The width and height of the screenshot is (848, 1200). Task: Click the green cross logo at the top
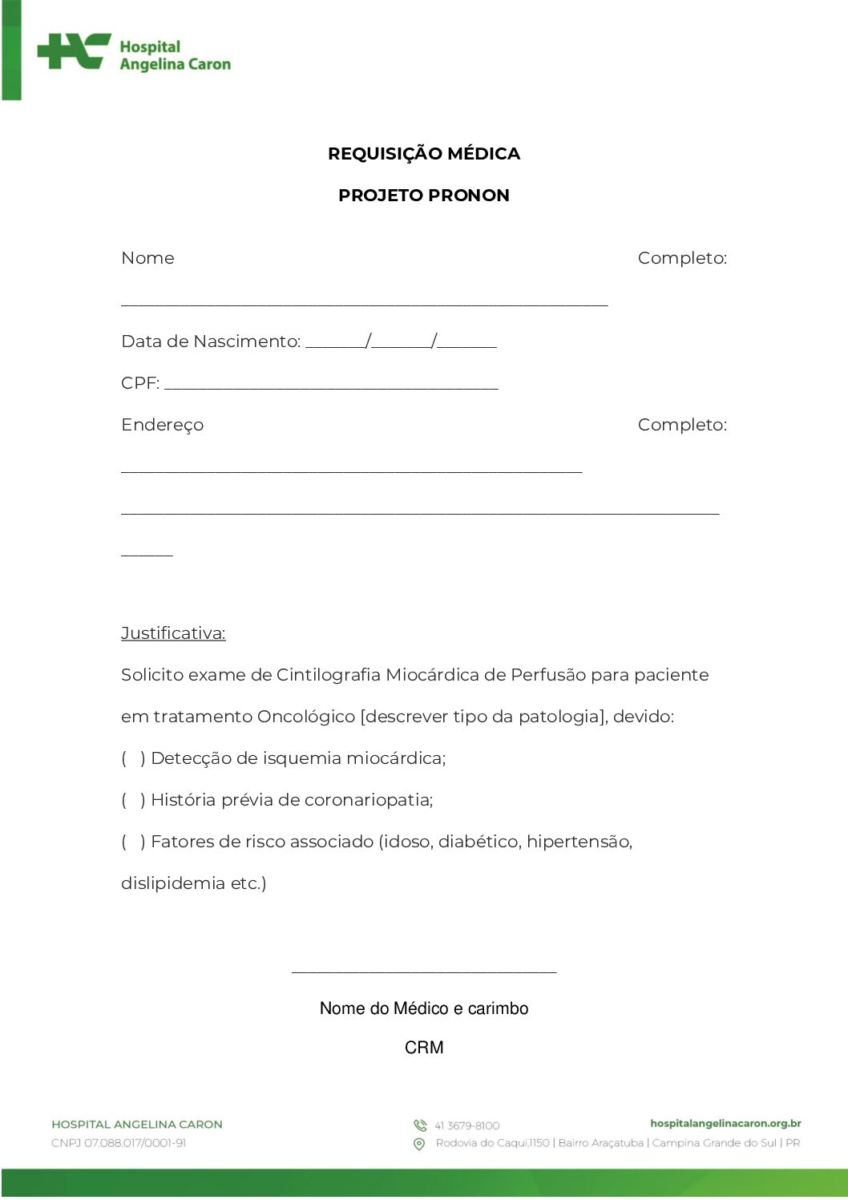click(x=74, y=52)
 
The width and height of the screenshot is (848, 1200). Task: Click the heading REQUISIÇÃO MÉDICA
click(x=423, y=154)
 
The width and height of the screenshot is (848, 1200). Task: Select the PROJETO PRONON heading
click(x=423, y=196)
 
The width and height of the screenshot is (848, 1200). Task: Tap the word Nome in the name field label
click(x=147, y=258)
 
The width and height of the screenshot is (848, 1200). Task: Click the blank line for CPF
click(x=330, y=386)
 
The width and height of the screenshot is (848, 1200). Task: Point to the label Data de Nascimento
click(x=210, y=341)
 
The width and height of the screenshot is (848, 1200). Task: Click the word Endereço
click(x=162, y=425)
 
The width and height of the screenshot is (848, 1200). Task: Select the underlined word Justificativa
click(x=173, y=633)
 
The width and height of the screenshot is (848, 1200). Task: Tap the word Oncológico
click(x=305, y=717)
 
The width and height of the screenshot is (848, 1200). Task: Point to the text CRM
click(x=423, y=1048)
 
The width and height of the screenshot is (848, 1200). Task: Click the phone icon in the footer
click(x=419, y=1125)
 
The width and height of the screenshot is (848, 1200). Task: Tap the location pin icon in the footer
click(x=419, y=1144)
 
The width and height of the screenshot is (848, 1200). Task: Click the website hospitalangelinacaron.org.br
click(x=725, y=1124)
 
